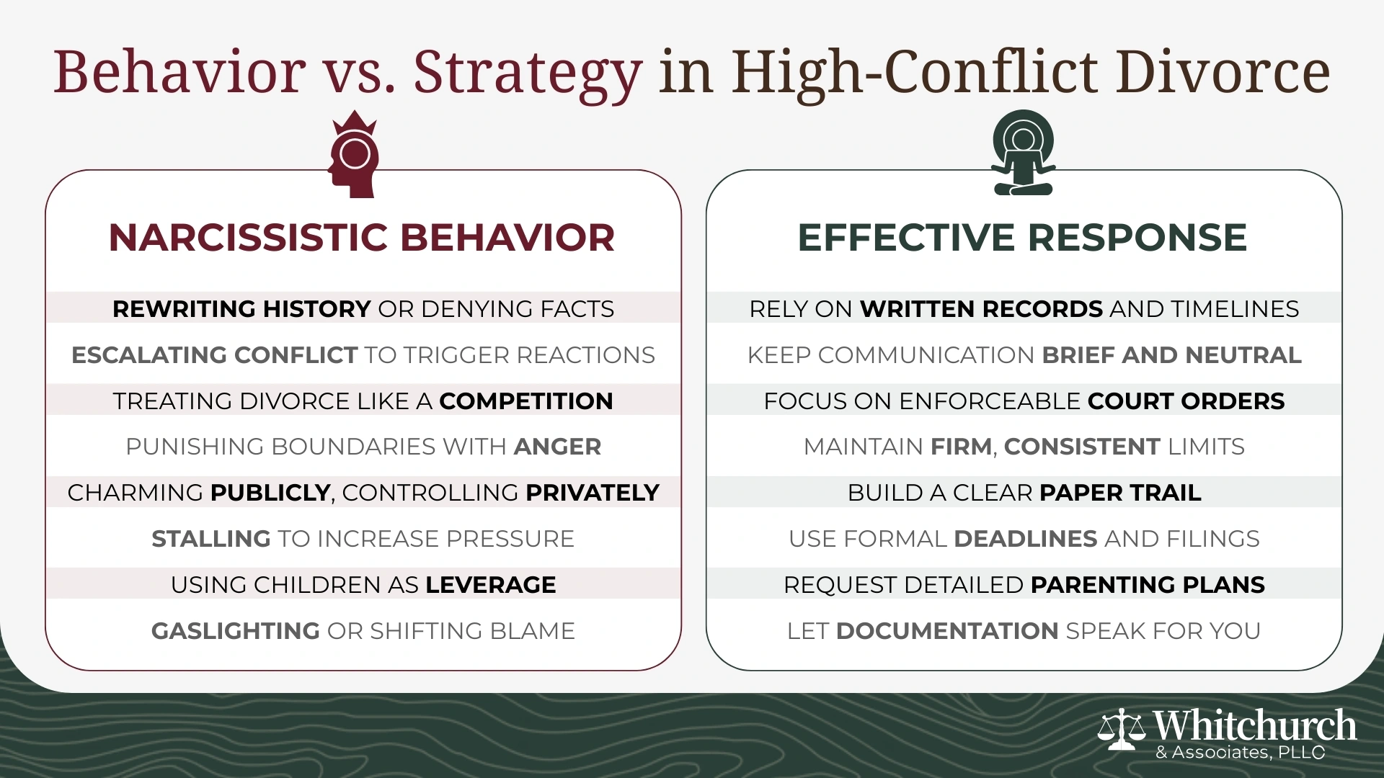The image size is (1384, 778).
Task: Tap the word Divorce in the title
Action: tap(1222, 72)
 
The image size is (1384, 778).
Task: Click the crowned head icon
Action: tap(353, 155)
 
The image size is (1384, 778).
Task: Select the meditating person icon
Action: tap(1023, 153)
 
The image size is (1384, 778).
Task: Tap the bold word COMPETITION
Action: tap(526, 401)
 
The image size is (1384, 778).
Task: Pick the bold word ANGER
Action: tap(557, 447)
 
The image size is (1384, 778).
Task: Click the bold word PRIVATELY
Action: tap(593, 493)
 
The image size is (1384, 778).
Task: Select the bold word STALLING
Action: tap(211, 539)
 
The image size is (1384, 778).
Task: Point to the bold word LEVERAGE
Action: tap(491, 585)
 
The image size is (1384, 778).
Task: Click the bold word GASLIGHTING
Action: tap(236, 631)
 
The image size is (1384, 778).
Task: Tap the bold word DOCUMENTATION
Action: tap(947, 631)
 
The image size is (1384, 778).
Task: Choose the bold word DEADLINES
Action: tap(1026, 539)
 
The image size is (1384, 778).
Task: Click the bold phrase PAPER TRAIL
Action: tap(1120, 493)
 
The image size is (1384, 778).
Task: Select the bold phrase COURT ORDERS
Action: tap(1186, 401)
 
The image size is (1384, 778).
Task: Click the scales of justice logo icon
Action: tap(1122, 729)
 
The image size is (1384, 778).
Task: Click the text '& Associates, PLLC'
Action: tap(1240, 754)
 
